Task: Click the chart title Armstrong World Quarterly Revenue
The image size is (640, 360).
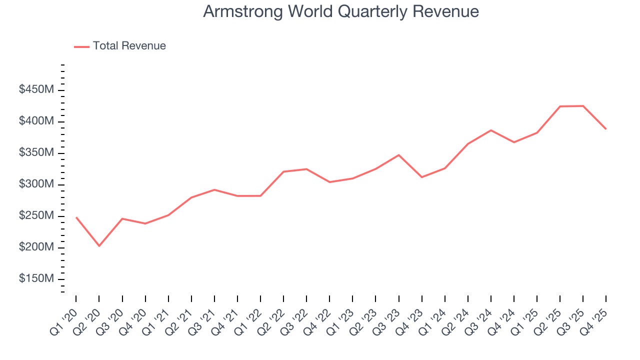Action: tap(341, 11)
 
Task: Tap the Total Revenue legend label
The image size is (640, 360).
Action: tap(129, 46)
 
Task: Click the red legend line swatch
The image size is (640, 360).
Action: tap(82, 46)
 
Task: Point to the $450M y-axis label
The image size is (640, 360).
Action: tap(36, 90)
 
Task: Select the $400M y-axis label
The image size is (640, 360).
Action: tap(36, 121)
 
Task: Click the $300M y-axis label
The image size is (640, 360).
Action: tap(36, 184)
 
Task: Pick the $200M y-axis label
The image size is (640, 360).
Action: tap(36, 247)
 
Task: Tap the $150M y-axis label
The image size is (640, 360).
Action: tap(36, 279)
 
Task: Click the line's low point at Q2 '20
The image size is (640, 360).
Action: tap(99, 246)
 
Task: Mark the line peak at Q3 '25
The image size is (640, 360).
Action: tap(583, 106)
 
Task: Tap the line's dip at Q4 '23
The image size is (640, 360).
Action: tap(421, 177)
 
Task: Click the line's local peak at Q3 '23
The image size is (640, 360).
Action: tap(398, 155)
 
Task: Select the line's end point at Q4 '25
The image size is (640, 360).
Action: tap(606, 129)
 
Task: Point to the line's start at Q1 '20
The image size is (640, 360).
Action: tap(76, 217)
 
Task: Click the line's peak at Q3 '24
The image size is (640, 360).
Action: tap(491, 130)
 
